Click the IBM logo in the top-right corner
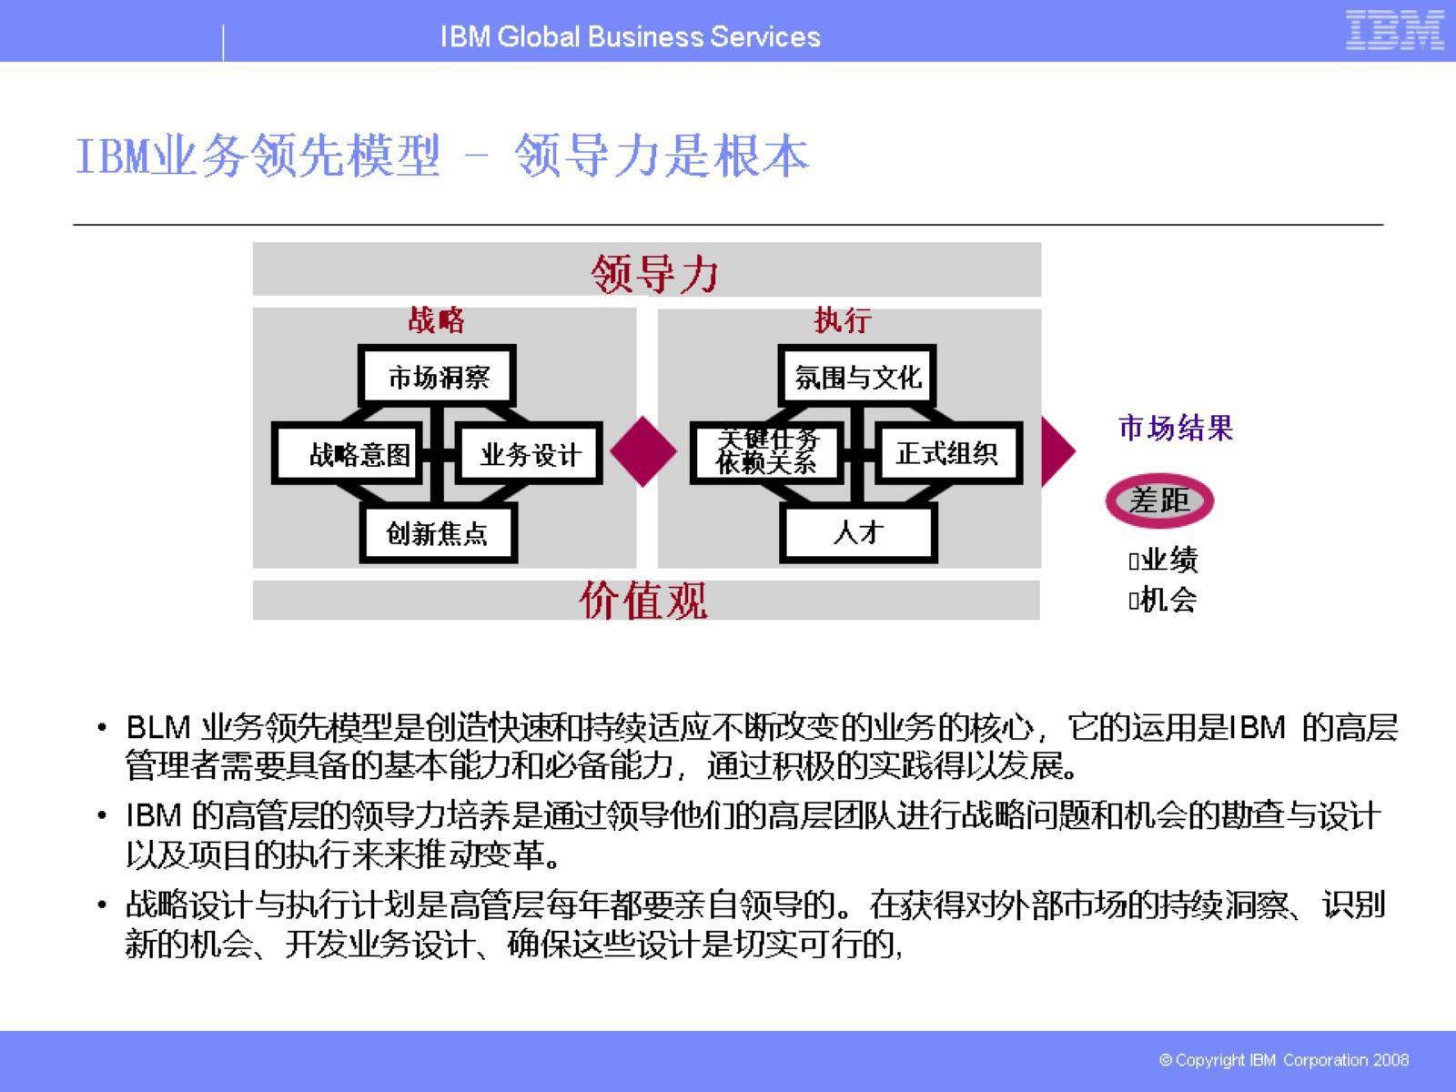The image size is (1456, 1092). pyautogui.click(x=1394, y=30)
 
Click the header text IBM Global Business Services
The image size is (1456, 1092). pyautogui.click(x=630, y=36)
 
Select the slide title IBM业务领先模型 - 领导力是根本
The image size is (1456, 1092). pyautogui.click(x=442, y=156)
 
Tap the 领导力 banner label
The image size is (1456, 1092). pyautogui.click(x=654, y=272)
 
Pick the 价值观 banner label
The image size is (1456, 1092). pyautogui.click(x=643, y=601)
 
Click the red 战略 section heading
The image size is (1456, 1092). pyautogui.click(x=437, y=320)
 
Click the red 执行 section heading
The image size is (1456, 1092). pyautogui.click(x=843, y=320)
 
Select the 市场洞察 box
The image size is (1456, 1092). pyautogui.click(x=438, y=376)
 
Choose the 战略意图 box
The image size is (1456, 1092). pyautogui.click(x=349, y=453)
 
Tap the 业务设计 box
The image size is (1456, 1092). pyautogui.click(x=530, y=453)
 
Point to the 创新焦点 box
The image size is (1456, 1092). pyautogui.click(x=438, y=533)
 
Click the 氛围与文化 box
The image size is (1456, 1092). pyautogui.click(x=857, y=376)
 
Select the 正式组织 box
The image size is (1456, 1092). pyautogui.click(x=946, y=453)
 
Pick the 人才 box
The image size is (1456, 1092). pyautogui.click(x=858, y=533)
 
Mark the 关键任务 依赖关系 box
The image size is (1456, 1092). pyautogui.click(x=766, y=452)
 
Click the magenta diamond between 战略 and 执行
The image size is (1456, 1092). pyautogui.click(x=643, y=451)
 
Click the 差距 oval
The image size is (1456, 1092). pyautogui.click(x=1159, y=500)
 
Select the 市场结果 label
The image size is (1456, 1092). pyautogui.click(x=1176, y=428)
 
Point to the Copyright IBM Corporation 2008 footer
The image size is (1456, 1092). pyautogui.click(x=1284, y=1060)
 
